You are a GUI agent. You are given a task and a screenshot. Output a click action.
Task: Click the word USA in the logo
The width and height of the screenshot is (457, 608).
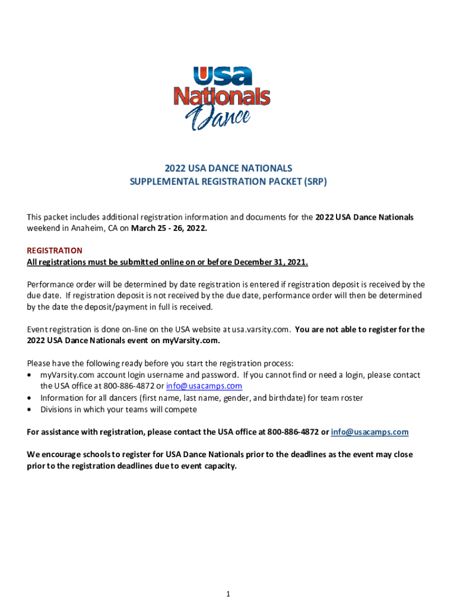(223, 77)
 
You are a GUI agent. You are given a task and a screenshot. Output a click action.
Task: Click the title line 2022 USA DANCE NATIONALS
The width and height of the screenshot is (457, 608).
(228, 169)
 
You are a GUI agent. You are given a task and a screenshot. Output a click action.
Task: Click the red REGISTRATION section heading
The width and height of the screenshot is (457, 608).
(55, 251)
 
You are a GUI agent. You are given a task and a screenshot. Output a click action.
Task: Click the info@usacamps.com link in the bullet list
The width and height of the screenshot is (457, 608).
(204, 386)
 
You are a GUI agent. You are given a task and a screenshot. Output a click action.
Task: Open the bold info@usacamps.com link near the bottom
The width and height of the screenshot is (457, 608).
(370, 432)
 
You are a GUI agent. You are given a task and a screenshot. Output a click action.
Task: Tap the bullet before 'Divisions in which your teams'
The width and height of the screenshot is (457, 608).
(30, 410)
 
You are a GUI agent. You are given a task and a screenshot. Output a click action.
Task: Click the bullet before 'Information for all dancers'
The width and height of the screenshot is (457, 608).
(30, 398)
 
